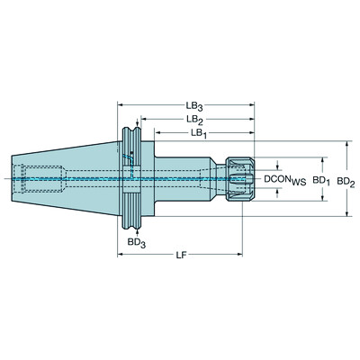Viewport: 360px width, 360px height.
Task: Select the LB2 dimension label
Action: [193, 119]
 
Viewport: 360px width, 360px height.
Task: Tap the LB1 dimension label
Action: [201, 132]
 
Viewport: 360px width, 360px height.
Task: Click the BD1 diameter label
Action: [319, 181]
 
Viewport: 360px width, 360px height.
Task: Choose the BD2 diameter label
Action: [346, 181]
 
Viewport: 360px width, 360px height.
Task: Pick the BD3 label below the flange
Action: [136, 243]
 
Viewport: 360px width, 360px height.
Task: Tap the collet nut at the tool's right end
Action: [237, 179]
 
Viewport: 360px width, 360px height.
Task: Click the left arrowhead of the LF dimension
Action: [120, 256]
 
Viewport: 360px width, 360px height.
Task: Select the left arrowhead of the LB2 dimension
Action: [139, 119]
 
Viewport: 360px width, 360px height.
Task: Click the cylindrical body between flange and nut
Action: [184, 179]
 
